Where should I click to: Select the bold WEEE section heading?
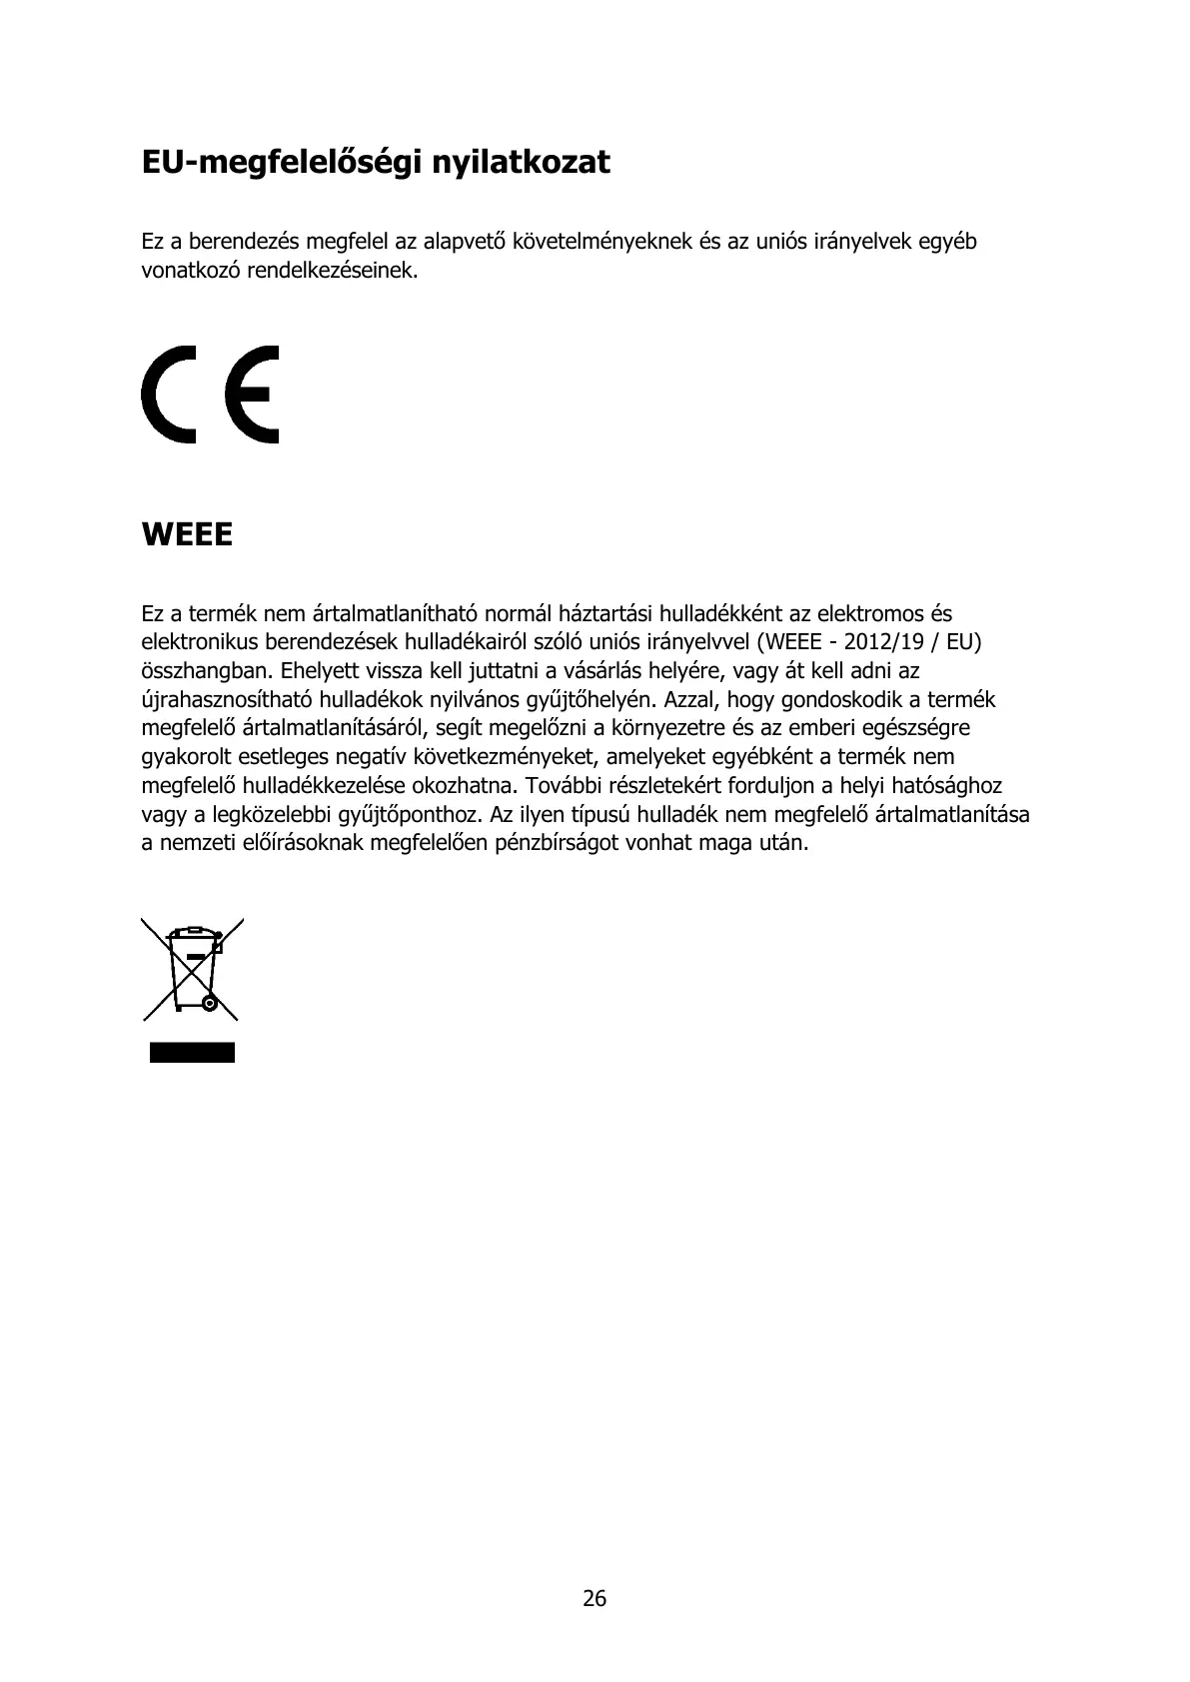[x=187, y=535]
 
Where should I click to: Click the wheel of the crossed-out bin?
[x=208, y=1002]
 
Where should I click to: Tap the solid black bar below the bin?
[x=192, y=1052]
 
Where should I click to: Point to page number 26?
[x=595, y=1599]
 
